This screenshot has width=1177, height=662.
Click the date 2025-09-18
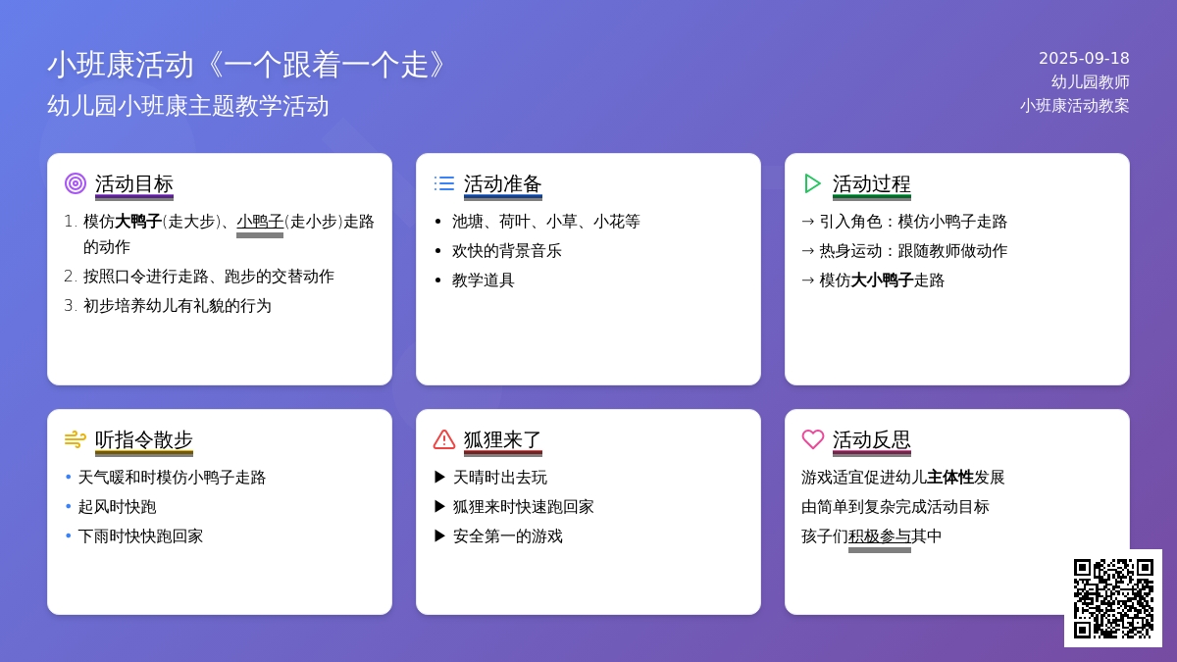[x=1084, y=58]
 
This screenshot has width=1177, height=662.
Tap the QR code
[x=1113, y=598]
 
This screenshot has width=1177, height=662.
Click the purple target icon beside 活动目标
[x=76, y=183]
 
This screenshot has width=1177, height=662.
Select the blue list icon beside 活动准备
[x=444, y=183]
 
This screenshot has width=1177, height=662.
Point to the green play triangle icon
[x=812, y=183]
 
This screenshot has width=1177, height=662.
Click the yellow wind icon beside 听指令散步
[x=76, y=439]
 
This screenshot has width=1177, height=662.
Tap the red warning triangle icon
[x=444, y=439]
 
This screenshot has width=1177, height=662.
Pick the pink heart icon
[x=813, y=439]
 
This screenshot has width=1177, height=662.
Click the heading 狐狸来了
[x=502, y=439]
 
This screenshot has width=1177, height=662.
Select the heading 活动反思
[x=871, y=439]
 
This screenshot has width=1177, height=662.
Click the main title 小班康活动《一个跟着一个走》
[x=247, y=65]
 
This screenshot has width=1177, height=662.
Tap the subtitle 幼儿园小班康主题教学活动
[x=188, y=106]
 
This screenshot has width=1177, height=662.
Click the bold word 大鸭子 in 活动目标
[x=138, y=222]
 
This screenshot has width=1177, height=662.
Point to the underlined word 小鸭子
[x=260, y=222]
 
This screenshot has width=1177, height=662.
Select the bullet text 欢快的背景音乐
[x=506, y=251]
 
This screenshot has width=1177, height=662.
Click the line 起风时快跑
[x=117, y=506]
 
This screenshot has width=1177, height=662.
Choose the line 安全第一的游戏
[x=508, y=535]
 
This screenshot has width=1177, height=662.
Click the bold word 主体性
[x=950, y=477]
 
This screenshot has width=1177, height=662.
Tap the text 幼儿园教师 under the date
[x=1090, y=82]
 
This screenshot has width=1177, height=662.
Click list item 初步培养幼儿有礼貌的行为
[x=178, y=305]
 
